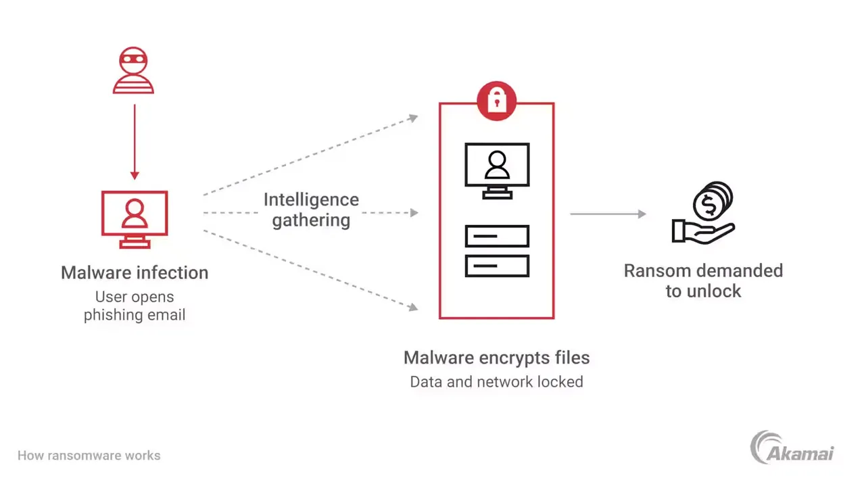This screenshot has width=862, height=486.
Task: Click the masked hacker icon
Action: tap(133, 70)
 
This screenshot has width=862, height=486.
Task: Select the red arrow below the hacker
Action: tap(135, 142)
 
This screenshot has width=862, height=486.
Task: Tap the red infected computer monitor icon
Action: tap(135, 215)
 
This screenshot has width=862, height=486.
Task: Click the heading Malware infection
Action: tap(135, 272)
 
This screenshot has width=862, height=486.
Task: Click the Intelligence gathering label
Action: tap(311, 210)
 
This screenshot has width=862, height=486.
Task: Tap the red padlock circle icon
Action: tap(496, 101)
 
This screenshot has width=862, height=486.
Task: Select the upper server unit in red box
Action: tap(497, 236)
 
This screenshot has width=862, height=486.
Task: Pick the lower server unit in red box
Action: tap(497, 266)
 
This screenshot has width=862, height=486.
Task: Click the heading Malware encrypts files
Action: tap(496, 358)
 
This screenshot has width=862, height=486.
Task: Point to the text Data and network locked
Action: tap(496, 382)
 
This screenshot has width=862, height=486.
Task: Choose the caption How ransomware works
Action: tap(89, 456)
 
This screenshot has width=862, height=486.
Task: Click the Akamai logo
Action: tap(792, 448)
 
